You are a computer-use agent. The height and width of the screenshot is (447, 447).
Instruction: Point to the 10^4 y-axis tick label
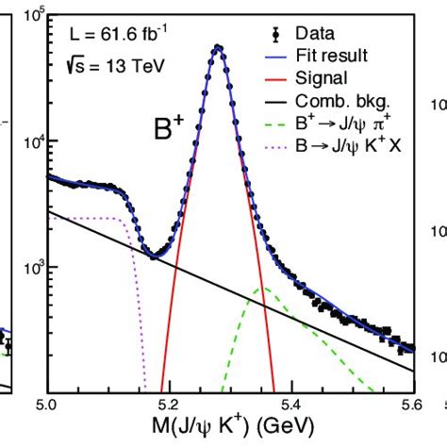click(28, 142)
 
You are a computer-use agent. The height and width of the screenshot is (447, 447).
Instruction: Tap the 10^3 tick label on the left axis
click(28, 268)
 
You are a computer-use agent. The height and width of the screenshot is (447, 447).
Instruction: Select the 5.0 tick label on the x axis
click(47, 406)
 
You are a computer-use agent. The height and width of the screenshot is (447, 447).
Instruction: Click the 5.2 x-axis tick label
click(169, 406)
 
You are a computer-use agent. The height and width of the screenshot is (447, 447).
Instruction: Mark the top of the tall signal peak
click(218, 47)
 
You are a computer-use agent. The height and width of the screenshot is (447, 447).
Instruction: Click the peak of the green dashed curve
click(267, 288)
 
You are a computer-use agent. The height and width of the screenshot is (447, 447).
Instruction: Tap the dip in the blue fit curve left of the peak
click(153, 256)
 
